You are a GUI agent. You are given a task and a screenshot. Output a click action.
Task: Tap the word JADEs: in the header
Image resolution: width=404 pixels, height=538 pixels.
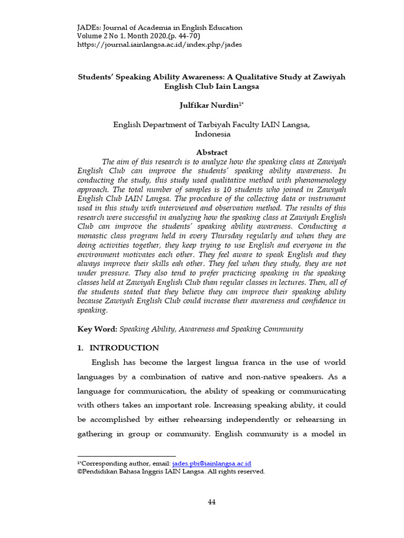point(90,27)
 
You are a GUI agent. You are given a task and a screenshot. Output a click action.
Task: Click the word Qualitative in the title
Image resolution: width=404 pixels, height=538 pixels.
point(252,77)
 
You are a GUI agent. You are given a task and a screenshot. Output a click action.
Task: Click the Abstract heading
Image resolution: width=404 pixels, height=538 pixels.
point(212,152)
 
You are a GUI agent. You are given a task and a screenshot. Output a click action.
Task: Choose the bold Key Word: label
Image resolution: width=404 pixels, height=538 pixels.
point(97,329)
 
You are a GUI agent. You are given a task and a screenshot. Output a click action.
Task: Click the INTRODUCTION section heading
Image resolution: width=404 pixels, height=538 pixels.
point(124,348)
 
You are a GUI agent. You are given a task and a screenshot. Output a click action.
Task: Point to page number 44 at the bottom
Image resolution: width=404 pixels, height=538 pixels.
point(211,502)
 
